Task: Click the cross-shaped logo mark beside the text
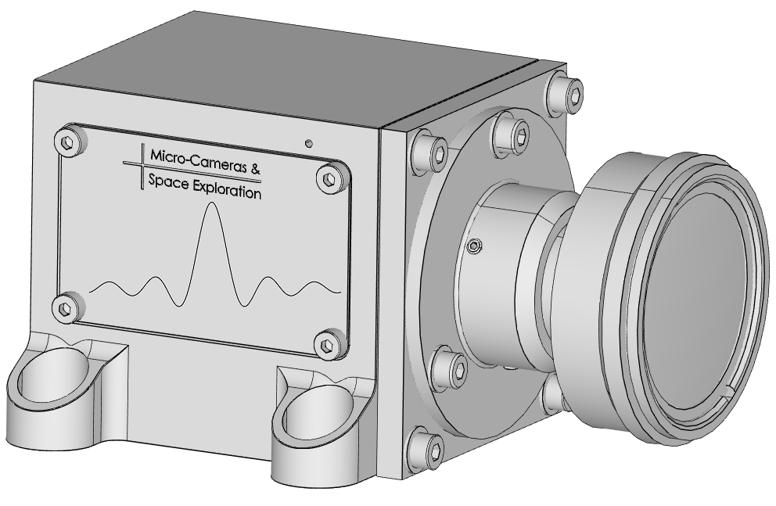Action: pyautogui.click(x=141, y=167)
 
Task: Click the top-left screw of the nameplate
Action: pyautogui.click(x=70, y=142)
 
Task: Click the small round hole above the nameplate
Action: pyautogui.click(x=309, y=143)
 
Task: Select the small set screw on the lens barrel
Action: pyautogui.click(x=472, y=247)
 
